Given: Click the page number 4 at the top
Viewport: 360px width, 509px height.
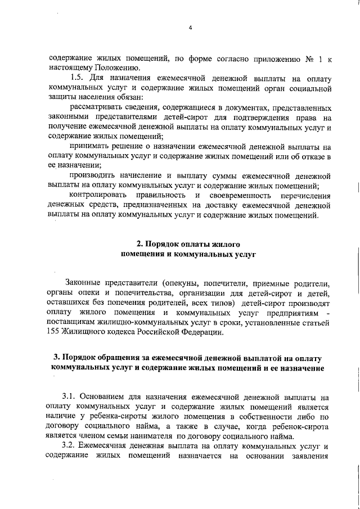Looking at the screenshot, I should coord(191,28).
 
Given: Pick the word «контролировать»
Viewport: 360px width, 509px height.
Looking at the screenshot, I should coord(100,195).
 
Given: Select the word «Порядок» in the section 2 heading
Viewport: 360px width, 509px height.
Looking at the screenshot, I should coord(163,245).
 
